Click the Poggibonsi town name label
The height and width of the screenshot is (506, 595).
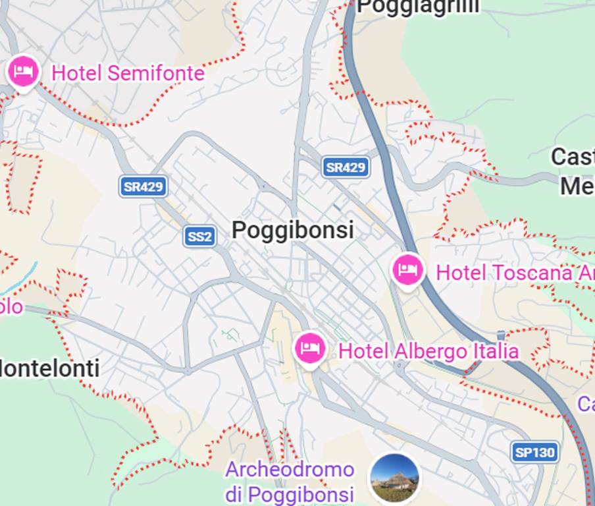click(x=293, y=230)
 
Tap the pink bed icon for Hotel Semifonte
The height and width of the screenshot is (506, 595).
click(x=23, y=71)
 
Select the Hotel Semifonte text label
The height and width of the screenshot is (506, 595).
click(x=128, y=73)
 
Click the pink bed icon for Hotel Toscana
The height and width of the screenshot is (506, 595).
click(x=407, y=269)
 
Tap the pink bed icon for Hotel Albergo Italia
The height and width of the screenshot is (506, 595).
click(x=310, y=349)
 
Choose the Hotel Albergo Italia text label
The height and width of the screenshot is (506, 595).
click(x=428, y=351)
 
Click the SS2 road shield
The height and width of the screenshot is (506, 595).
click(x=199, y=237)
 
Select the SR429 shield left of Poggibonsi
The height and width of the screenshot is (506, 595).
click(x=143, y=186)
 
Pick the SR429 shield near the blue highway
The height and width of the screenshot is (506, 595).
click(x=346, y=167)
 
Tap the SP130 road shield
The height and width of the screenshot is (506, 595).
click(x=535, y=452)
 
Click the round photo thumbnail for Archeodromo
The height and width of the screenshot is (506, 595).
click(x=395, y=478)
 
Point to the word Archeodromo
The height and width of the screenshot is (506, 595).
click(x=290, y=470)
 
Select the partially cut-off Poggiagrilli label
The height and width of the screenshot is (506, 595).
click(x=418, y=7)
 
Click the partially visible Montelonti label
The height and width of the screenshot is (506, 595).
click(x=50, y=368)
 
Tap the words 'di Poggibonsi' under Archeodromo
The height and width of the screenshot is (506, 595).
click(x=290, y=493)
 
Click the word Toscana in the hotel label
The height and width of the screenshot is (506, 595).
click(x=537, y=272)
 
